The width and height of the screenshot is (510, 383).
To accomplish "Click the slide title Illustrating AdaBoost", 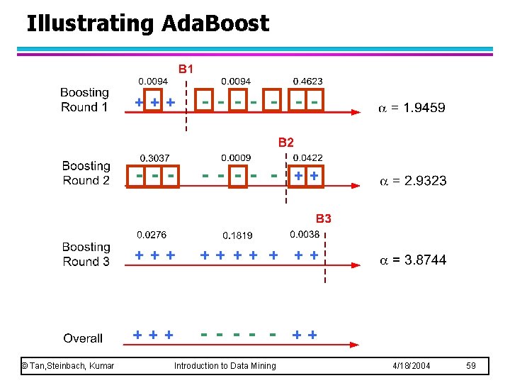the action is click(147, 23).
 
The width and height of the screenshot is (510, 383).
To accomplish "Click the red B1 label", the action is click(186, 69).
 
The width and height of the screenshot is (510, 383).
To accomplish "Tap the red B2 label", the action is click(285, 143).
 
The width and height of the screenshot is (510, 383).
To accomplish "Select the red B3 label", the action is click(323, 218).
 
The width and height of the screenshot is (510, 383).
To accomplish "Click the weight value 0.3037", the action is click(154, 157).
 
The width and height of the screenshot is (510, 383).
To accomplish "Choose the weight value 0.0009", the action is click(235, 157).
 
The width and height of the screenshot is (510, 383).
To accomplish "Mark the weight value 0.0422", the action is click(307, 157).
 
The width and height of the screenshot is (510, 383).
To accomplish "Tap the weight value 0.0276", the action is click(152, 234).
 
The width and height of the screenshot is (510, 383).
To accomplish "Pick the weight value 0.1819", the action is click(237, 235).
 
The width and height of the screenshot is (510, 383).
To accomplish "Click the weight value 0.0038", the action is click(305, 234).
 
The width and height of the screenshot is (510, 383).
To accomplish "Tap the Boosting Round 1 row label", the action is click(84, 100).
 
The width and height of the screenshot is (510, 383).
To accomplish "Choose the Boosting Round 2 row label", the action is click(86, 173).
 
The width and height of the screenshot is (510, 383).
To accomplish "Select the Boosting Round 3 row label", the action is click(86, 254).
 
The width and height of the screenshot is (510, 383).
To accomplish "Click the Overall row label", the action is click(83, 338).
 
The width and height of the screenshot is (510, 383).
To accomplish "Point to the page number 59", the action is click(472, 365).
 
